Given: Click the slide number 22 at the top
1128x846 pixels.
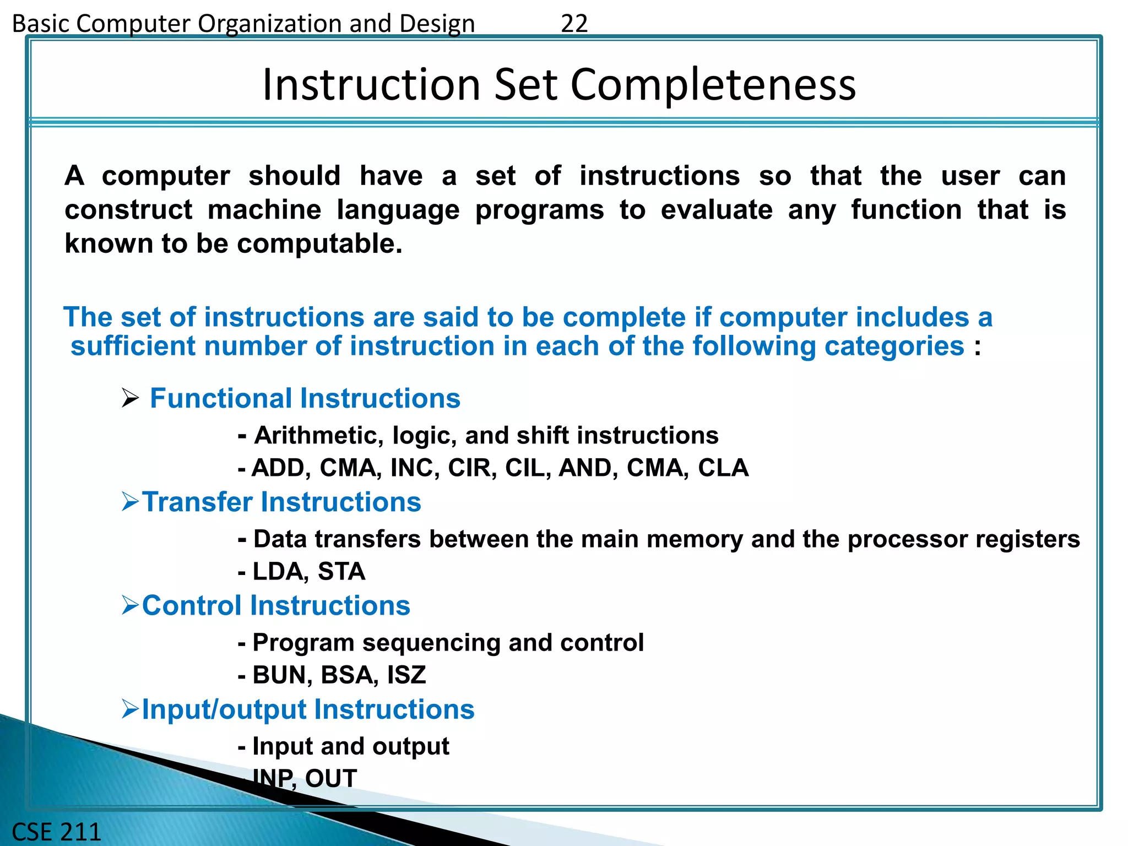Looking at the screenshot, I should (574, 24).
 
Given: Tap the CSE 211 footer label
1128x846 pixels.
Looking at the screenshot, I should (56, 831).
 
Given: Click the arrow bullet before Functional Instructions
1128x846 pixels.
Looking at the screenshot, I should (130, 398).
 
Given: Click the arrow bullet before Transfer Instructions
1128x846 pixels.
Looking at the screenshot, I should (130, 502).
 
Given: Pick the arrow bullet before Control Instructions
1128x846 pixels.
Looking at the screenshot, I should (130, 605).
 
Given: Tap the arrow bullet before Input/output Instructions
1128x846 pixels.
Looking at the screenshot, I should (130, 709).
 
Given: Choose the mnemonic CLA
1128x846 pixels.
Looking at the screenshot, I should (723, 468).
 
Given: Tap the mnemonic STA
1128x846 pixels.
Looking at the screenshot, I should (341, 572).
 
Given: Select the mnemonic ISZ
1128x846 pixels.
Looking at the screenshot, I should (406, 675).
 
